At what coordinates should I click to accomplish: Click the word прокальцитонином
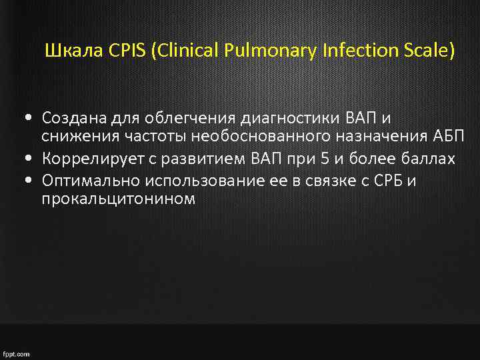click(119, 199)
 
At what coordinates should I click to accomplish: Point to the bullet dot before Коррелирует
click(32, 159)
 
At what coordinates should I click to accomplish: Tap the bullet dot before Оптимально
click(32, 179)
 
